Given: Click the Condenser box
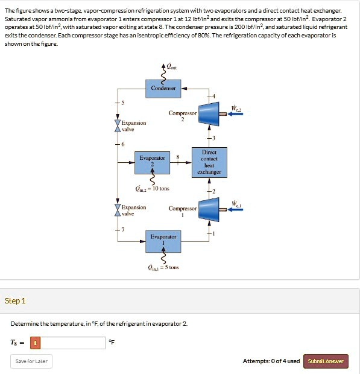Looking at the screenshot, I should [x=163, y=88].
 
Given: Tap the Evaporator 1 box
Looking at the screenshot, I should [x=163, y=237].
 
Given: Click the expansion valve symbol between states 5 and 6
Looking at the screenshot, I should [x=118, y=126].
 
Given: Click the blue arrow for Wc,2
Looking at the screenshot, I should [x=234, y=113].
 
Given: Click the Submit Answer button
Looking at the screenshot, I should [x=326, y=361].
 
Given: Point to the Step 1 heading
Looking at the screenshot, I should [x=15, y=301].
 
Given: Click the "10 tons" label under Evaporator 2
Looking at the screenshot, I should [x=160, y=188].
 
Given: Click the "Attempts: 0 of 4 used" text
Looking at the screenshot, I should [x=271, y=361].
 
